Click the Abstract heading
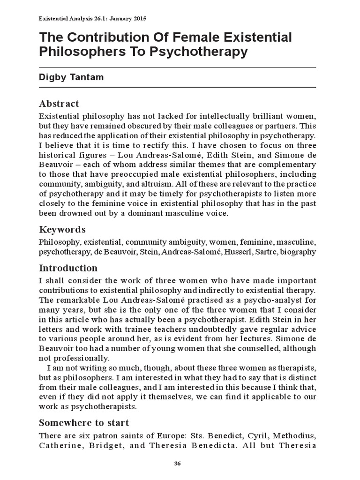click(x=59, y=104)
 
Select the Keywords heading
click(x=62, y=230)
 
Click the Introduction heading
click(x=68, y=269)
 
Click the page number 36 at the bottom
click(x=177, y=464)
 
